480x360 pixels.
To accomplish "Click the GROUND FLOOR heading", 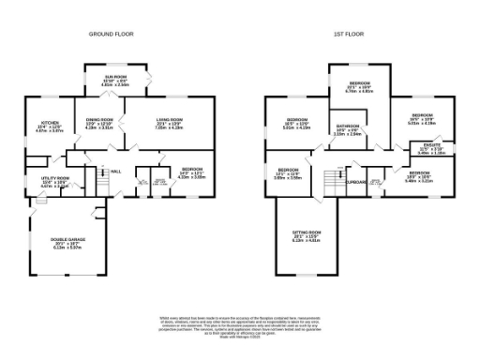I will point(112,34).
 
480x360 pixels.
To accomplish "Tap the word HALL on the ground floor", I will point(116,172).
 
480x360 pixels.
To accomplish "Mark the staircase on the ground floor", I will point(95,178).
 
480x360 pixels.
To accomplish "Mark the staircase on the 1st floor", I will point(327,179).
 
